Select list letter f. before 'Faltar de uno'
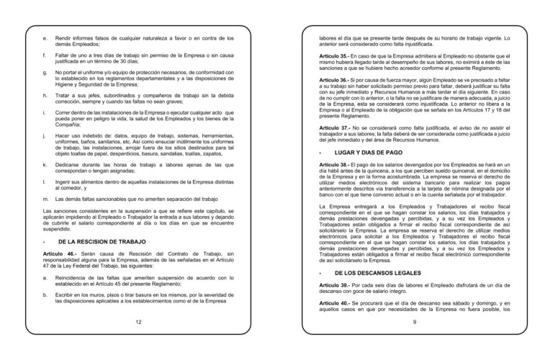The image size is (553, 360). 45,54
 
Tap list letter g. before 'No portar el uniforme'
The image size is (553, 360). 45,73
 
